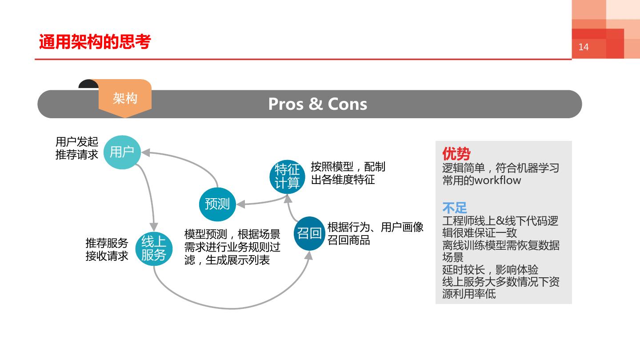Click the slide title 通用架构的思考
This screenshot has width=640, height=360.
[95, 42]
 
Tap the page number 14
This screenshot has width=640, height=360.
[583, 47]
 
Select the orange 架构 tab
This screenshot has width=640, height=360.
[125, 99]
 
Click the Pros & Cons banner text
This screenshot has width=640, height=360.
[317, 104]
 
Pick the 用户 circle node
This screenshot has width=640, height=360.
[122, 152]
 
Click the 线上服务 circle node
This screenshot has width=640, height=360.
[153, 248]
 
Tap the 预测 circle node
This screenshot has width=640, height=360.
[217, 204]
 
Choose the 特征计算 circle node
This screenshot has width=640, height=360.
[288, 176]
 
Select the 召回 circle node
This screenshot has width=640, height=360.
[309, 233]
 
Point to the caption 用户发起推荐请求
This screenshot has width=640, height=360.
[76, 148]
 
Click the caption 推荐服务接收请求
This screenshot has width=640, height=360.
[107, 249]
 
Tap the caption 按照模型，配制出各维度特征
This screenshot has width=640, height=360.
[348, 173]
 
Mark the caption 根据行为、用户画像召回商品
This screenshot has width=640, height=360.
[375, 233]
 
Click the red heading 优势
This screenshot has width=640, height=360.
[456, 154]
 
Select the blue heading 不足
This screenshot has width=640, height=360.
[454, 208]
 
